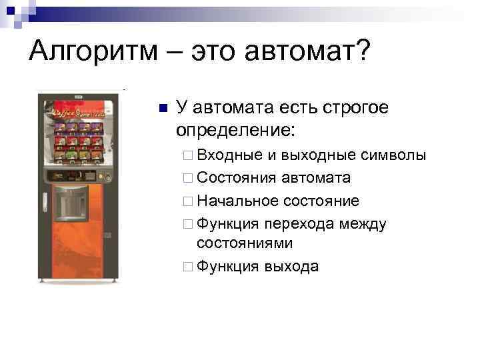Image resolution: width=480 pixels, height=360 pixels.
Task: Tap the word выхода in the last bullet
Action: pyautogui.click(x=291, y=267)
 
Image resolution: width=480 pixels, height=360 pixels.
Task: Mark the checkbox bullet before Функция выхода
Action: pyautogui.click(x=187, y=267)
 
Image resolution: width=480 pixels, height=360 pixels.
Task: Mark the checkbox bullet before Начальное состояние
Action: pyautogui.click(x=187, y=201)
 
